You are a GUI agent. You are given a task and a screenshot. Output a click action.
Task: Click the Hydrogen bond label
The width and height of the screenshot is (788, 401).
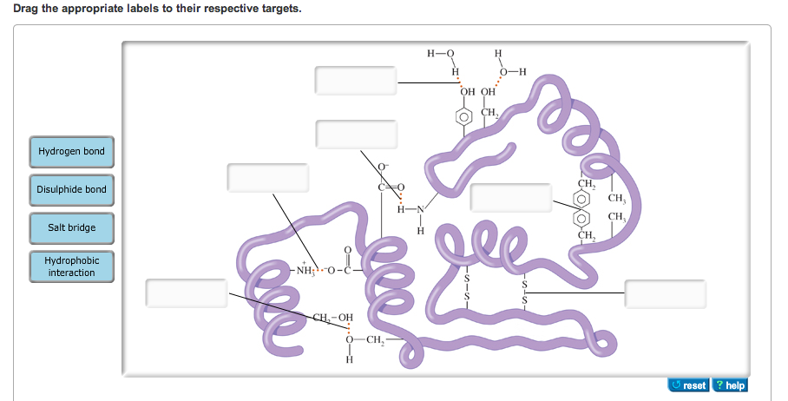[x=71, y=151]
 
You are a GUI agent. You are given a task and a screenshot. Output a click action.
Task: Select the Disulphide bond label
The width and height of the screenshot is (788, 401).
[x=71, y=189]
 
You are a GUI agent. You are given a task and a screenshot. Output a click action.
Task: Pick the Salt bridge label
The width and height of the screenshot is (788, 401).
[x=71, y=227]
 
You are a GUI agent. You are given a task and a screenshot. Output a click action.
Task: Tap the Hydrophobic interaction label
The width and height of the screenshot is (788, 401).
[x=71, y=266]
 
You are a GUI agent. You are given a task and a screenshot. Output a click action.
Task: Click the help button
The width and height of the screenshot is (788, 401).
[x=730, y=385]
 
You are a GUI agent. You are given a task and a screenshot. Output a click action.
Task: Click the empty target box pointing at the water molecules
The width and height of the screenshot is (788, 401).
[x=356, y=81]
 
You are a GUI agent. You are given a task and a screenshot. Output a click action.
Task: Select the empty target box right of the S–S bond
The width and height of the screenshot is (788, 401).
[x=666, y=294]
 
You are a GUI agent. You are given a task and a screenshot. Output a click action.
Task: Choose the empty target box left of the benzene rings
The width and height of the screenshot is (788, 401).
[x=510, y=198]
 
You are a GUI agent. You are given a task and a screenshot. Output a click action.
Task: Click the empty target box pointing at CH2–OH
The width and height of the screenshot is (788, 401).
[x=187, y=293]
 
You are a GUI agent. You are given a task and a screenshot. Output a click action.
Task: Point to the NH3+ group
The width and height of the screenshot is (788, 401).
[x=305, y=269]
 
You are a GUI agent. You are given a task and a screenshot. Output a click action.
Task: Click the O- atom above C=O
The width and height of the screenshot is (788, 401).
[x=384, y=167]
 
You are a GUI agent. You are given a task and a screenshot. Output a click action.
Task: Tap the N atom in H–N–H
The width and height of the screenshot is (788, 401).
[x=421, y=209]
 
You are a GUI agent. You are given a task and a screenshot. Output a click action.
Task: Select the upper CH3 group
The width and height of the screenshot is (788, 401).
[x=617, y=199]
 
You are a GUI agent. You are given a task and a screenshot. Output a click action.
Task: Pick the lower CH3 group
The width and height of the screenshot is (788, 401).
[x=617, y=217]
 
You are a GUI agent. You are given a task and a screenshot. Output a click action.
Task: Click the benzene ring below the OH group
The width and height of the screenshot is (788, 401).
[x=463, y=117]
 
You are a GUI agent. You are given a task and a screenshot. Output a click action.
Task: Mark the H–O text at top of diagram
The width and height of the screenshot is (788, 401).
[x=441, y=53]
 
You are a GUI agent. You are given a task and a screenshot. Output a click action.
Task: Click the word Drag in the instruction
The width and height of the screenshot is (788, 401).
[x=25, y=9]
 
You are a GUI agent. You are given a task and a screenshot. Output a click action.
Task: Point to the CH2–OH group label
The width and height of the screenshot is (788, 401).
[x=332, y=318]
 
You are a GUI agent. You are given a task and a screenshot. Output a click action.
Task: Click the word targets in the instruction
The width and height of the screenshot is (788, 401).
[x=281, y=9]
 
